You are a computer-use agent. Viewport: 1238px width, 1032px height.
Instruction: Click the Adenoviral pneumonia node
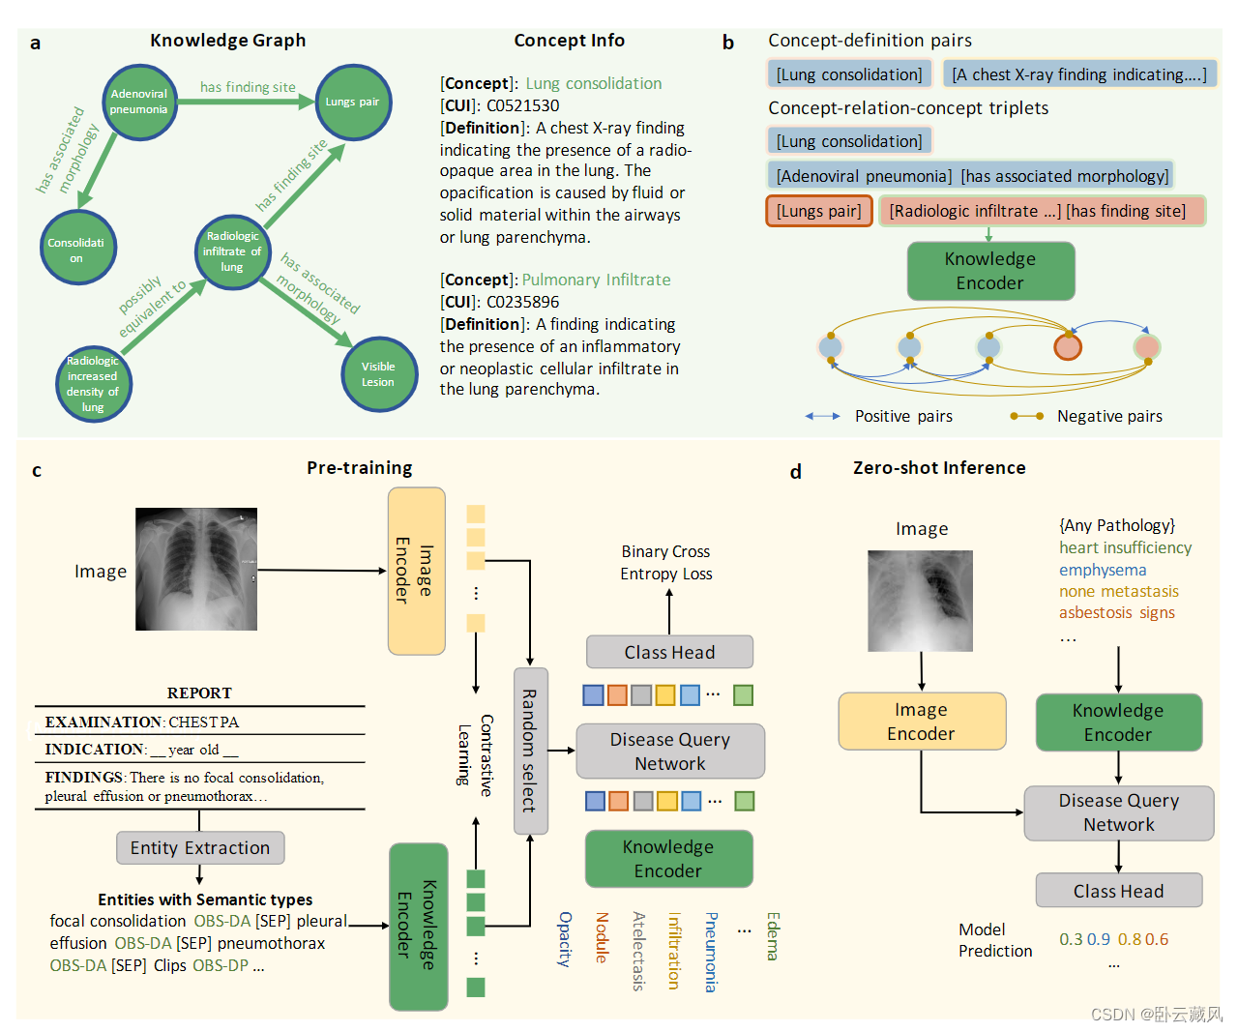[139, 102]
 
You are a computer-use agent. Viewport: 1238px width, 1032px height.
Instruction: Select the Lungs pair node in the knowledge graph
[353, 102]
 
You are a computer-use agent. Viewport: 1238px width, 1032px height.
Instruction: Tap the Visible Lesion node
[378, 374]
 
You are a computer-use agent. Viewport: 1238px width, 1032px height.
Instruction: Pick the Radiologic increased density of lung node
[93, 384]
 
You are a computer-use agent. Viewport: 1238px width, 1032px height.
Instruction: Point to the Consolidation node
[76, 249]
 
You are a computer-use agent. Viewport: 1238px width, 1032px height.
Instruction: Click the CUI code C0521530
[522, 105]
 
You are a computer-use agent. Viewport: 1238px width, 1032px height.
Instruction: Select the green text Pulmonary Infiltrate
[596, 280]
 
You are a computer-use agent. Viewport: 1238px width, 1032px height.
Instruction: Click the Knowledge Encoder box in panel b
[989, 271]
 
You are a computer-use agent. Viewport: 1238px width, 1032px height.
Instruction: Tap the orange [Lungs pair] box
[818, 211]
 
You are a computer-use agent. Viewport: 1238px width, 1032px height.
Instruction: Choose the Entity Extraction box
[200, 847]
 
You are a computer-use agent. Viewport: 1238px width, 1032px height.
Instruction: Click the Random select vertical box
[530, 751]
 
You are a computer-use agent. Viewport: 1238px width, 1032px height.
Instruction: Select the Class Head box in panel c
[669, 652]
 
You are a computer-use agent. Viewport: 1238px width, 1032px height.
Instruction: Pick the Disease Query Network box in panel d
[1118, 812]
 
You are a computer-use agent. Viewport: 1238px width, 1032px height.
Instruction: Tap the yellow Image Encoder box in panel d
[921, 722]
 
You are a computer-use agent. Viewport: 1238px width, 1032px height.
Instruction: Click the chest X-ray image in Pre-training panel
[196, 569]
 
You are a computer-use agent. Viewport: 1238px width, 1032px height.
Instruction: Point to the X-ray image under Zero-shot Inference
[920, 601]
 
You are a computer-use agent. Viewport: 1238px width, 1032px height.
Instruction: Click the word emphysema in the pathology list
[1103, 570]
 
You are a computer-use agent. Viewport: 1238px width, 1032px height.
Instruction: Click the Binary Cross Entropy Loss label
[666, 562]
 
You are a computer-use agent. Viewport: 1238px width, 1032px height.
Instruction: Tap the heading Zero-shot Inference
[939, 468]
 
